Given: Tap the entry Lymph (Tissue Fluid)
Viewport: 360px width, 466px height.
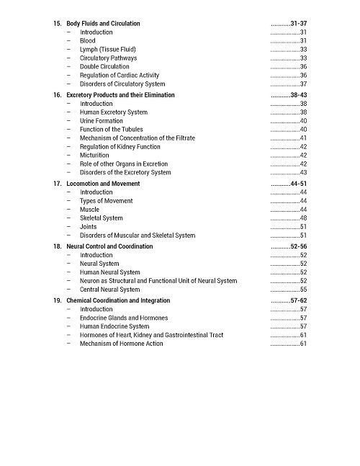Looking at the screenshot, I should (107, 50).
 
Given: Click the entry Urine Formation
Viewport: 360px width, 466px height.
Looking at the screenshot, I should (101, 121).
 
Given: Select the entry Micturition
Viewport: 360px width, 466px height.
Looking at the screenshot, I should (94, 156).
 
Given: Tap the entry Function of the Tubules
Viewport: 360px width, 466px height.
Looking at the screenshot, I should (111, 130).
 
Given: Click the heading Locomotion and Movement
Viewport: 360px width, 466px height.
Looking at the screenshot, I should (103, 184).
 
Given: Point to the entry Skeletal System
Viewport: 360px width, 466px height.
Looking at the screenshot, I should (101, 218).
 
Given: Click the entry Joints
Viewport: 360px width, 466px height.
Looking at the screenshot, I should (88, 227).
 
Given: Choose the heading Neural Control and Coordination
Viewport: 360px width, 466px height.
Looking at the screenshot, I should (109, 246).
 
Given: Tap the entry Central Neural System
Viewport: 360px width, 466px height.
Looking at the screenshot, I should (109, 290).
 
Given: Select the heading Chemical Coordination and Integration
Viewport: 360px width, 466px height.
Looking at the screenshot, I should (118, 300).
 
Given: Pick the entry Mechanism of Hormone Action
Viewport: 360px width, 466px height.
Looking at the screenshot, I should (121, 344).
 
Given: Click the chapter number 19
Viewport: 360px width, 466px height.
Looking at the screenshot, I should (57, 300).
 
